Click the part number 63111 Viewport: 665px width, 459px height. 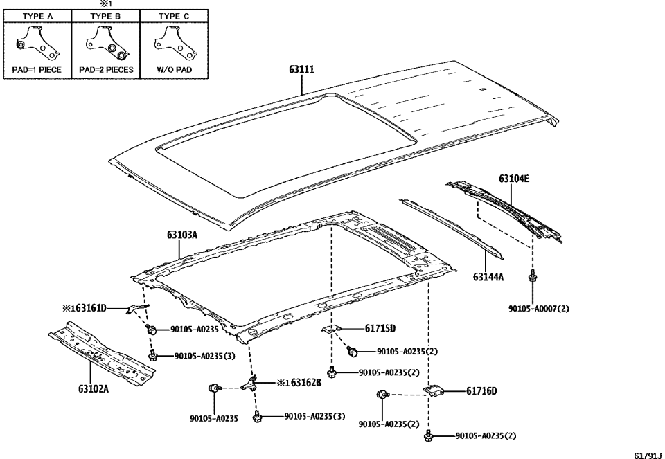[x=303, y=70]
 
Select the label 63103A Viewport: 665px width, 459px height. [x=182, y=235]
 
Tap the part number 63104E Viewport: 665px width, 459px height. [x=513, y=179]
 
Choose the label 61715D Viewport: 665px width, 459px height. [x=380, y=328]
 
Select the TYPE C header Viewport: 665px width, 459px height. [x=174, y=16]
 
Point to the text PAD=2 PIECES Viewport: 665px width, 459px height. [x=106, y=70]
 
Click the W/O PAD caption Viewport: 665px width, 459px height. [x=174, y=70]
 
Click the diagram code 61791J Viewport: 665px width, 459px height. [x=648, y=454]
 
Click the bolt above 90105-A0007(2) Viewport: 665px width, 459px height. [x=532, y=278]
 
